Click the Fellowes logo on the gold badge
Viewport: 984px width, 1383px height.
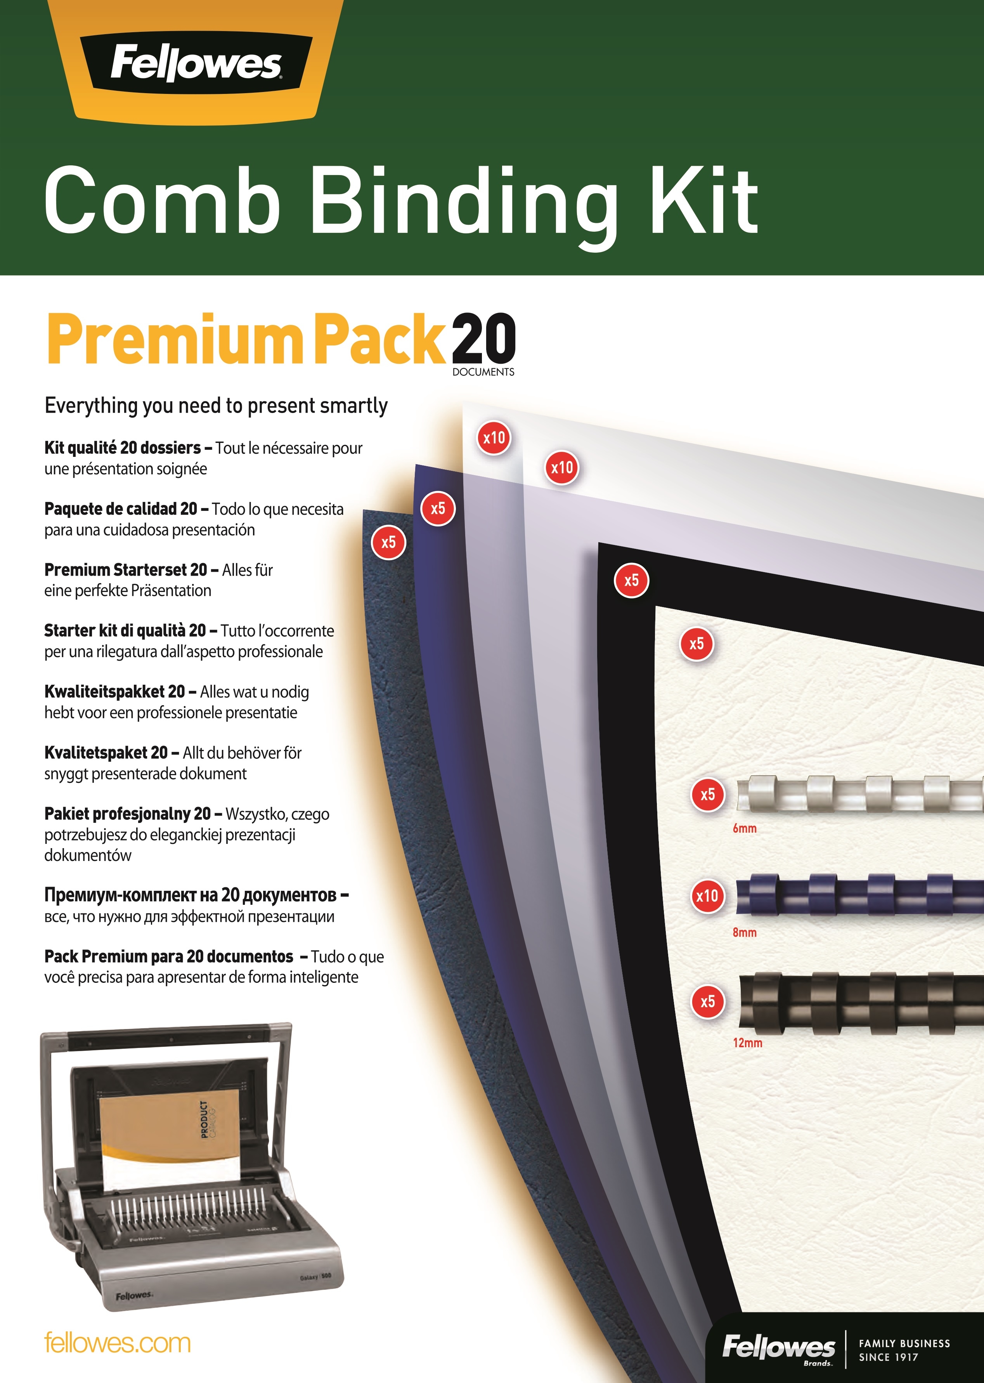196,64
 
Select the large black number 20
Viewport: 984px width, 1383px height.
483,339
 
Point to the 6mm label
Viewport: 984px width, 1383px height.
745,828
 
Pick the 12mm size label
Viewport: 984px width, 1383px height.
748,1043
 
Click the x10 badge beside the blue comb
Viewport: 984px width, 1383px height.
707,896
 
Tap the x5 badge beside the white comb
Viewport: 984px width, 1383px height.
708,795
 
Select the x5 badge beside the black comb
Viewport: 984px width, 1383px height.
708,1002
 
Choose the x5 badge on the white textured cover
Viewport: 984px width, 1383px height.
697,644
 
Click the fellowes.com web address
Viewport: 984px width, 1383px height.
118,1343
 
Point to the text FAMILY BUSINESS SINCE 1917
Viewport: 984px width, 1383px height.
904,1350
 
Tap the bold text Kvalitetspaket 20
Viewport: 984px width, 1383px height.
106,753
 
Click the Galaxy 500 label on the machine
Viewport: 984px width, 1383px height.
316,1277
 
